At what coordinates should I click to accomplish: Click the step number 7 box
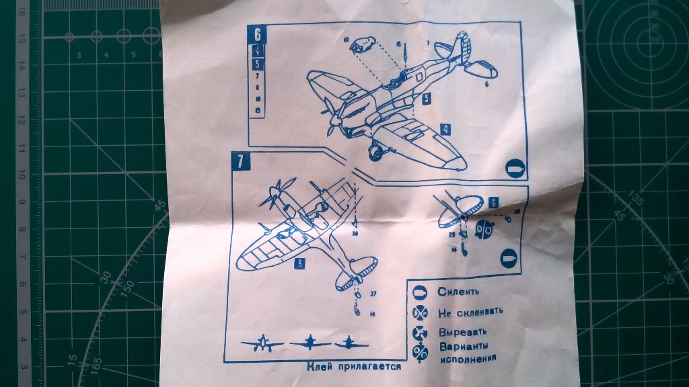point(240,161)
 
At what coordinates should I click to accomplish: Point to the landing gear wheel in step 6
point(375,153)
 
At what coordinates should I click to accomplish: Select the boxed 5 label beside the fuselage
point(427,97)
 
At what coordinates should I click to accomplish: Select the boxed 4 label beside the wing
point(445,128)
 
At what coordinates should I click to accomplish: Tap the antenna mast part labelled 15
point(399,44)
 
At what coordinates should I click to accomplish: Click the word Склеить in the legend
point(458,292)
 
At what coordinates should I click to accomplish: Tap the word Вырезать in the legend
point(461,332)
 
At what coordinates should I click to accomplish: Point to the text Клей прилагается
point(354,367)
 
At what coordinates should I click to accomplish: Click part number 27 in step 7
point(373,294)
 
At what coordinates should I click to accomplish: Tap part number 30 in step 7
point(355,234)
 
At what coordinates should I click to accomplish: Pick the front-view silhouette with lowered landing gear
point(260,343)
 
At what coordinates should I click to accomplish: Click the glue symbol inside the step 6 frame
point(513,168)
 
